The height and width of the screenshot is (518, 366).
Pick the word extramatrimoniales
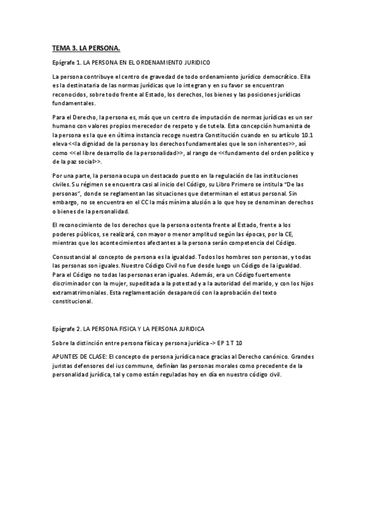tap(79, 293)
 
